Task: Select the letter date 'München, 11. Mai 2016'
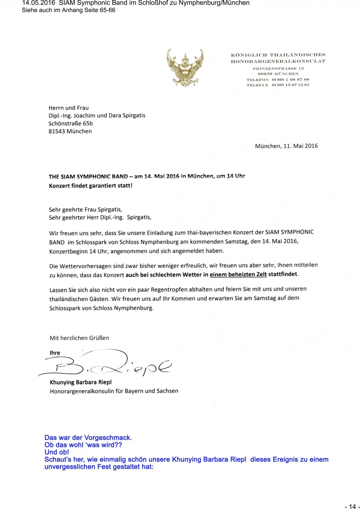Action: [x=286, y=146]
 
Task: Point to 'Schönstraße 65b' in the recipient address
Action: [x=71, y=123]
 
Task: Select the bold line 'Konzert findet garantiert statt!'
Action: [x=90, y=185]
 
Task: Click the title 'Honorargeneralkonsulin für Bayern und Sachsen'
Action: [x=114, y=391]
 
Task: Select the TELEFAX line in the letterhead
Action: [x=277, y=85]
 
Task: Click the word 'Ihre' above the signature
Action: [x=55, y=353]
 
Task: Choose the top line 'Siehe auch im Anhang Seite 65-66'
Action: [x=68, y=10]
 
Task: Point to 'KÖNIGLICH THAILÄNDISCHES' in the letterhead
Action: [x=278, y=55]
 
